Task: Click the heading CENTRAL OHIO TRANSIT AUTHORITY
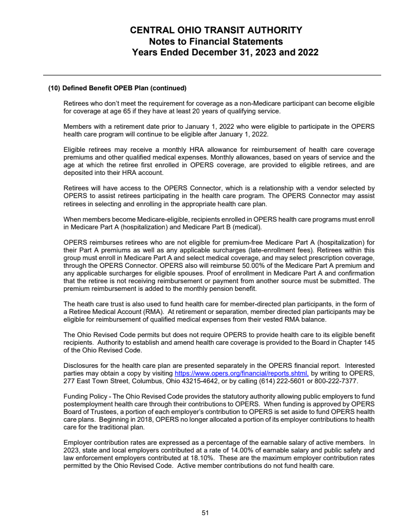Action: click(216, 30)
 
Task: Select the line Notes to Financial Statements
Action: click(216, 41)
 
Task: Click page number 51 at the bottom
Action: click(205, 512)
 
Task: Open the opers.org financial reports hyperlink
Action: click(241, 373)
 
